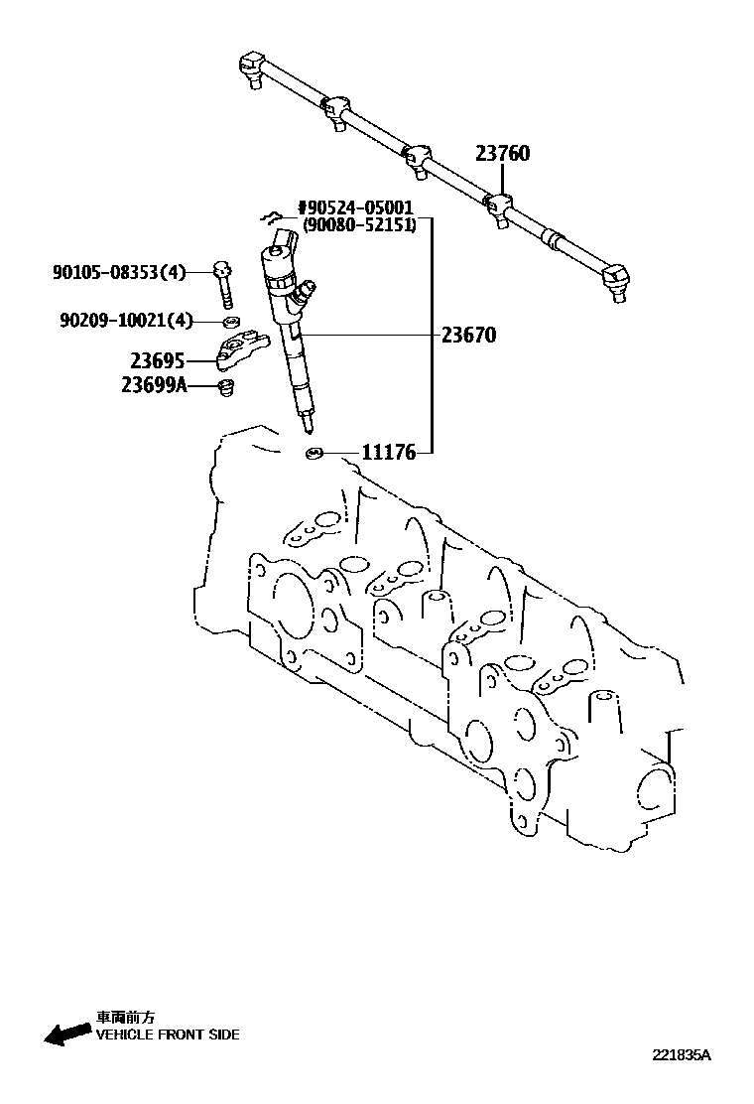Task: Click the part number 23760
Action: pyautogui.click(x=502, y=154)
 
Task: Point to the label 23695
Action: pyautogui.click(x=158, y=361)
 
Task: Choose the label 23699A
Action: pyautogui.click(x=155, y=385)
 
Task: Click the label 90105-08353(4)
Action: pyautogui.click(x=119, y=270)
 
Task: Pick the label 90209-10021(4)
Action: pyautogui.click(x=126, y=320)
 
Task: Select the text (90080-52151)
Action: pyautogui.click(x=358, y=225)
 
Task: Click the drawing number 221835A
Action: pyautogui.click(x=682, y=1055)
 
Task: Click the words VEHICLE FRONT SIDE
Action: pyautogui.click(x=167, y=1035)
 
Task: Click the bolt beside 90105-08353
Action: pyautogui.click(x=224, y=283)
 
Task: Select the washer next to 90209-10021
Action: pyautogui.click(x=230, y=322)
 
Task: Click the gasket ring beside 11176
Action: pyautogui.click(x=314, y=455)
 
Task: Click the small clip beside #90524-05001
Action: pyautogui.click(x=267, y=215)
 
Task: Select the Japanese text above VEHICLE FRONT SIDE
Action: pyautogui.click(x=126, y=1017)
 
